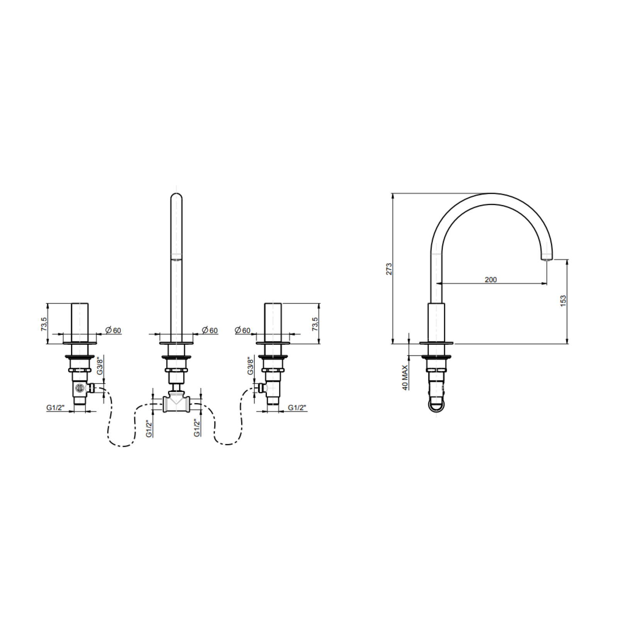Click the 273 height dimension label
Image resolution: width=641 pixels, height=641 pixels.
coord(389,269)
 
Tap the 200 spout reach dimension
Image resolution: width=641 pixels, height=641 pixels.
coord(491,280)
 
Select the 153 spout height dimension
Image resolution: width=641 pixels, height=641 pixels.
coord(563,301)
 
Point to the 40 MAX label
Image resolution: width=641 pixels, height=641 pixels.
coord(405,377)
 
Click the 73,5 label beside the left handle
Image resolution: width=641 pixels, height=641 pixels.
coord(44,324)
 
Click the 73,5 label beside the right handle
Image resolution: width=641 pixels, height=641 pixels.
coord(315,324)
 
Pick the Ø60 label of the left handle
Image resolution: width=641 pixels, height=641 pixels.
coord(113,330)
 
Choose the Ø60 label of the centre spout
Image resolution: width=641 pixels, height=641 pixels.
coord(210,330)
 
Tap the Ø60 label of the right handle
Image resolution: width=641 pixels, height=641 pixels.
coord(242,330)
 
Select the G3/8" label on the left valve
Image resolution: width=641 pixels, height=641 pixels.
coord(99,365)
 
